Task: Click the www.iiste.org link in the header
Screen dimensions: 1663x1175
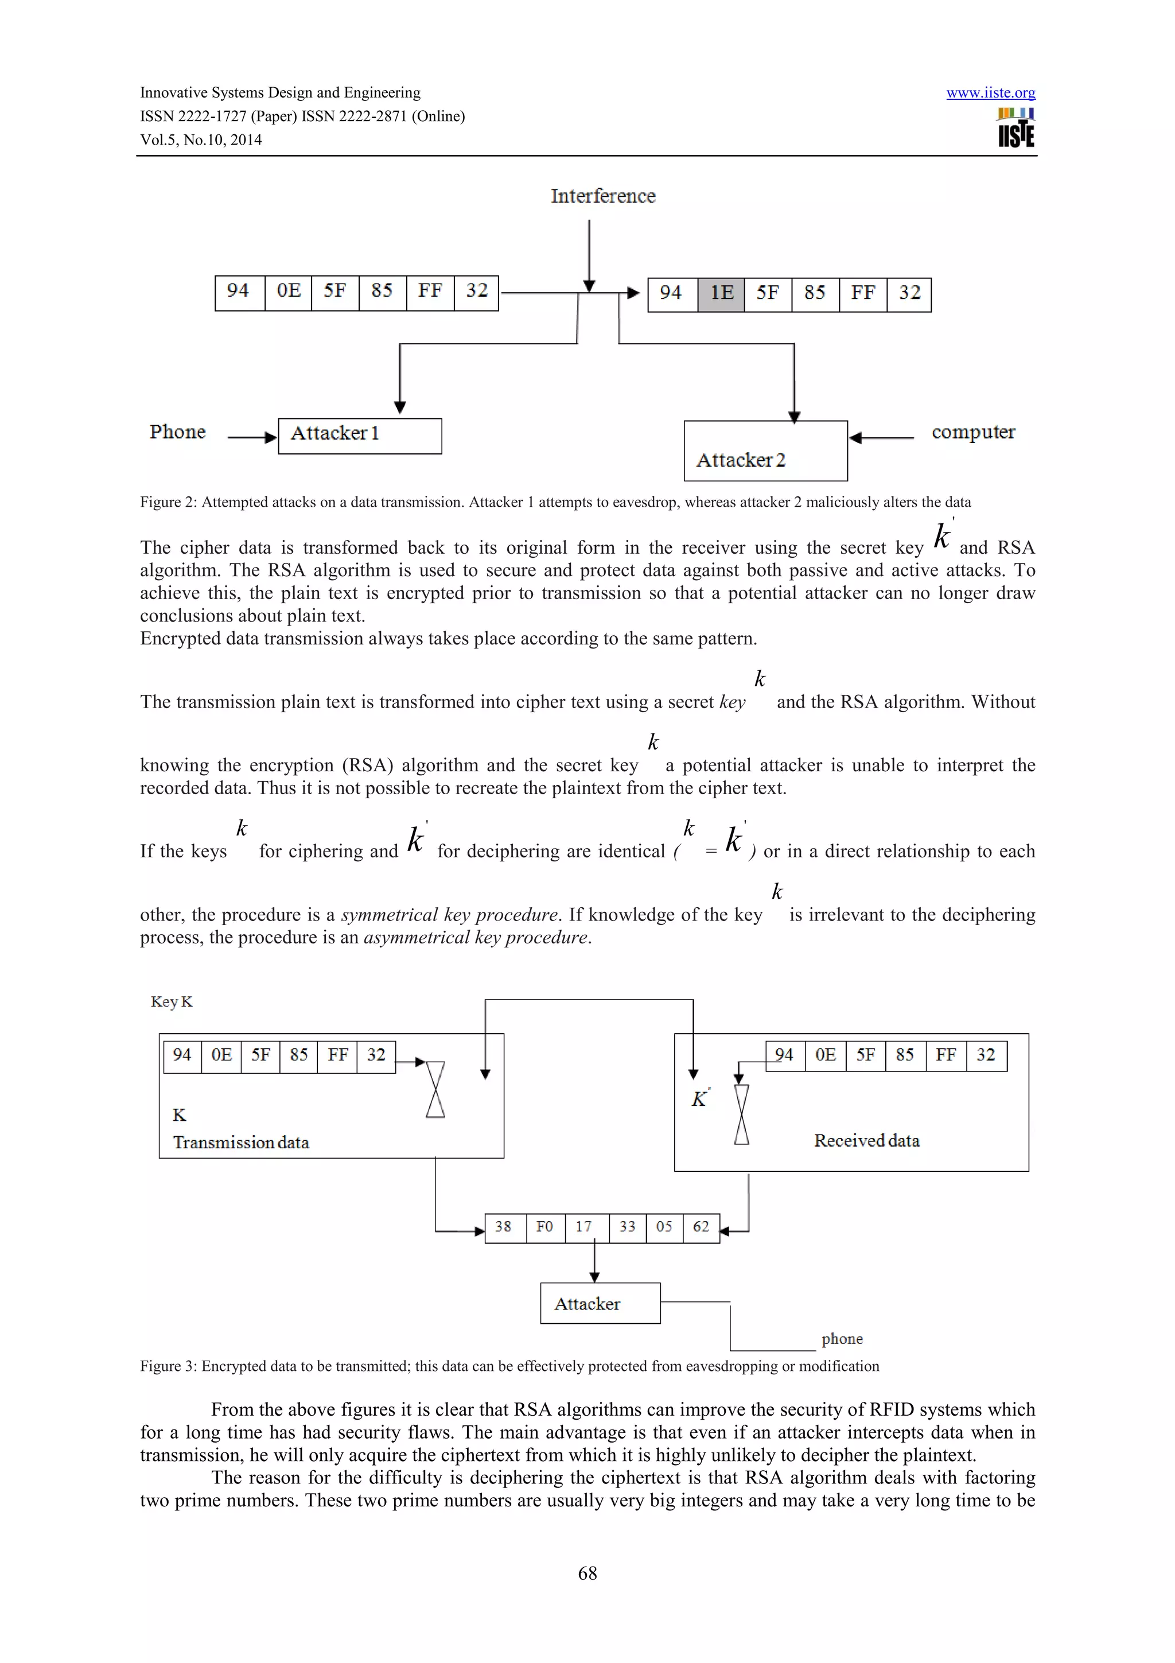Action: pyautogui.click(x=990, y=93)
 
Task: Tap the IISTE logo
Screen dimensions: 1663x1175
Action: pyautogui.click(x=1015, y=128)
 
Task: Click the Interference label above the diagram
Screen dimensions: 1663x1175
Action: pyautogui.click(x=602, y=196)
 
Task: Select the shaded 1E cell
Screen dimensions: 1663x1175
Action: pyautogui.click(x=721, y=293)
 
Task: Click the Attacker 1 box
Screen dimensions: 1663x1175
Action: pyautogui.click(x=360, y=436)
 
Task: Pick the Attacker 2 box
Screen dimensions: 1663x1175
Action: pyautogui.click(x=765, y=450)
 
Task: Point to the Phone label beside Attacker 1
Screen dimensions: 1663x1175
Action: pyautogui.click(x=177, y=433)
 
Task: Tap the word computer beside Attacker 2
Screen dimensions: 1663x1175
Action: pyautogui.click(x=972, y=433)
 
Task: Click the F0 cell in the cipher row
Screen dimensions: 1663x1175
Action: pyautogui.click(x=544, y=1227)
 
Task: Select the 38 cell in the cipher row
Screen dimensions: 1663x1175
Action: pyautogui.click(x=503, y=1227)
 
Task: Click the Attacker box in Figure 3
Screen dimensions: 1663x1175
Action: pyautogui.click(x=600, y=1304)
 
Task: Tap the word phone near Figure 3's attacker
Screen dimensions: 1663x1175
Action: pyautogui.click(x=841, y=1339)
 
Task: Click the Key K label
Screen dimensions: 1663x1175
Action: pyautogui.click(x=172, y=1002)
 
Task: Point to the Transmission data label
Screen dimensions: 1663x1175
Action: pyautogui.click(x=240, y=1143)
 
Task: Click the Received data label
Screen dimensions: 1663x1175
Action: pyautogui.click(x=866, y=1141)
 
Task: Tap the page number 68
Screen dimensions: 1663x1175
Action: pyautogui.click(x=587, y=1573)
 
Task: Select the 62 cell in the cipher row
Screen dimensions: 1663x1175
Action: pyautogui.click(x=701, y=1227)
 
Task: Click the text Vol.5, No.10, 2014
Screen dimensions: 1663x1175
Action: pyautogui.click(x=201, y=140)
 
